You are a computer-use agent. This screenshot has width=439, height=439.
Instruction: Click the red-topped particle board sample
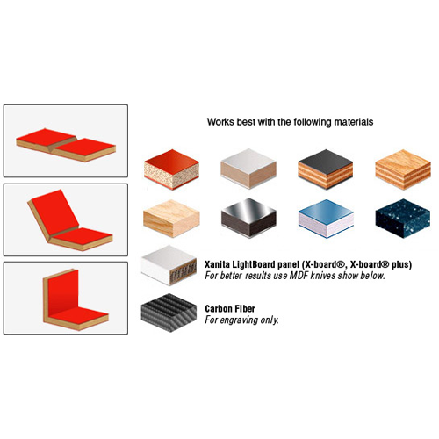pyautogui.click(x=171, y=169)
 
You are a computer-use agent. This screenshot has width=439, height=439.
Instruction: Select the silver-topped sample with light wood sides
pyautogui.click(x=248, y=169)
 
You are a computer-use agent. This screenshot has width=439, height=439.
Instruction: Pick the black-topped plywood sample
pyautogui.click(x=326, y=169)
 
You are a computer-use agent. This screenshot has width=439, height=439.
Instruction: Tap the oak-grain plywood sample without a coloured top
pyautogui.click(x=403, y=169)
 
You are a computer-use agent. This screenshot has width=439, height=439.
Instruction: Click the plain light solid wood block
pyautogui.click(x=171, y=218)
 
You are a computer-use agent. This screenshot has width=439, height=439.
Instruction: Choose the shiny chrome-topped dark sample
pyautogui.click(x=248, y=218)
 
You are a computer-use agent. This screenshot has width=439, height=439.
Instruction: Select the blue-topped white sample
pyautogui.click(x=326, y=219)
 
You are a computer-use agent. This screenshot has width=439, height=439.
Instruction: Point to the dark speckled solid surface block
pyautogui.click(x=403, y=218)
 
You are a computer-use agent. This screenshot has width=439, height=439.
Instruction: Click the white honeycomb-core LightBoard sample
pyautogui.click(x=169, y=265)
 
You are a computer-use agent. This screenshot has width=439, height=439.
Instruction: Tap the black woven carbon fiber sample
pyautogui.click(x=169, y=313)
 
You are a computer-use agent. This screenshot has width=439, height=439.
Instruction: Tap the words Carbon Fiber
pyautogui.click(x=230, y=308)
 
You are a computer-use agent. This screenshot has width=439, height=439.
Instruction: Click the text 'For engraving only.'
pyautogui.click(x=241, y=320)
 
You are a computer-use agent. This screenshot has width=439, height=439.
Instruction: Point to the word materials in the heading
pyautogui.click(x=354, y=122)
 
